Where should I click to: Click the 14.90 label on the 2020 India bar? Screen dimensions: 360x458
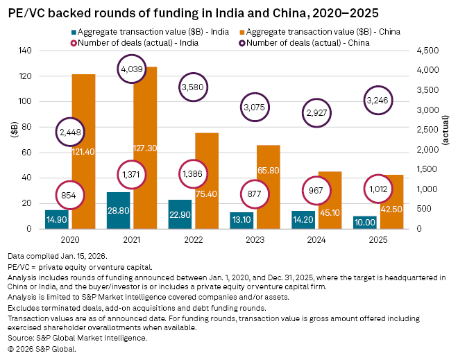tap(57, 221)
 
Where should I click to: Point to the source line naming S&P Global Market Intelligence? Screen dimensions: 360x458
tap(78, 338)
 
